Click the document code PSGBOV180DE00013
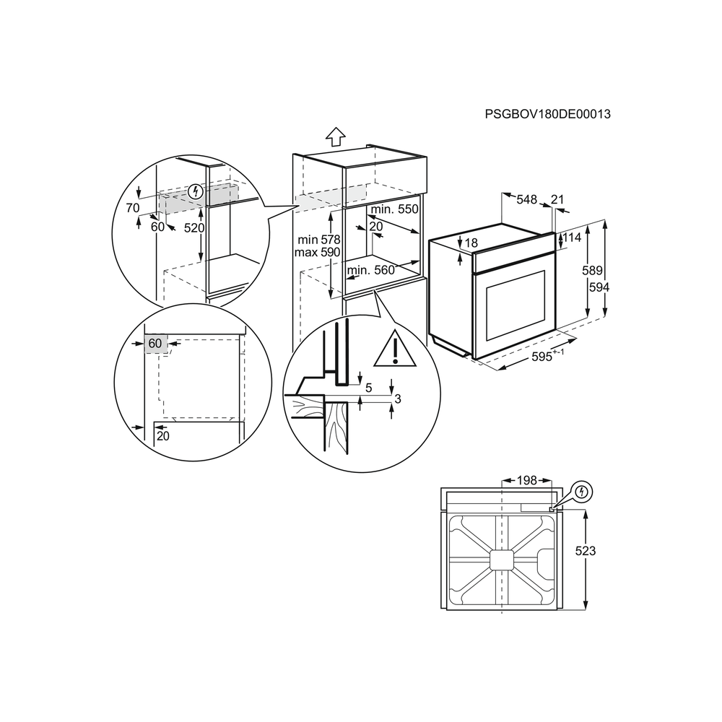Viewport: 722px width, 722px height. [x=547, y=114]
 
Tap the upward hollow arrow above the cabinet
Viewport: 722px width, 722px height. [x=336, y=136]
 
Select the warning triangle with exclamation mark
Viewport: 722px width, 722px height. [x=395, y=349]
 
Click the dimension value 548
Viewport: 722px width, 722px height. [x=527, y=199]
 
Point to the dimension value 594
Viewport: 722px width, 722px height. [x=599, y=287]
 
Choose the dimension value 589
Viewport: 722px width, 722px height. [x=592, y=271]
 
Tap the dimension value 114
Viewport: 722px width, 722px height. [x=571, y=238]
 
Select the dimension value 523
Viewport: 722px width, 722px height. [x=586, y=551]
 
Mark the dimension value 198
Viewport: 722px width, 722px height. [x=527, y=481]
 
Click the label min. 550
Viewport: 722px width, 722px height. [x=395, y=209]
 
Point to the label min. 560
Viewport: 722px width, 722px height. [x=371, y=270]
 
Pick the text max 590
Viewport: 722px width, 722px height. [x=317, y=252]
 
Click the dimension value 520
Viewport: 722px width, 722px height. [x=193, y=228]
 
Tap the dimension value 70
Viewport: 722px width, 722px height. [x=133, y=208]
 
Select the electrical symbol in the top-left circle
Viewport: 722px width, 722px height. [x=196, y=191]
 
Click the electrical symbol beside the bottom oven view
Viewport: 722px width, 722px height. [x=582, y=492]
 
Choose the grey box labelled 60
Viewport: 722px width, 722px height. [x=156, y=344]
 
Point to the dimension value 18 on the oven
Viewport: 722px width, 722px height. [x=471, y=243]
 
